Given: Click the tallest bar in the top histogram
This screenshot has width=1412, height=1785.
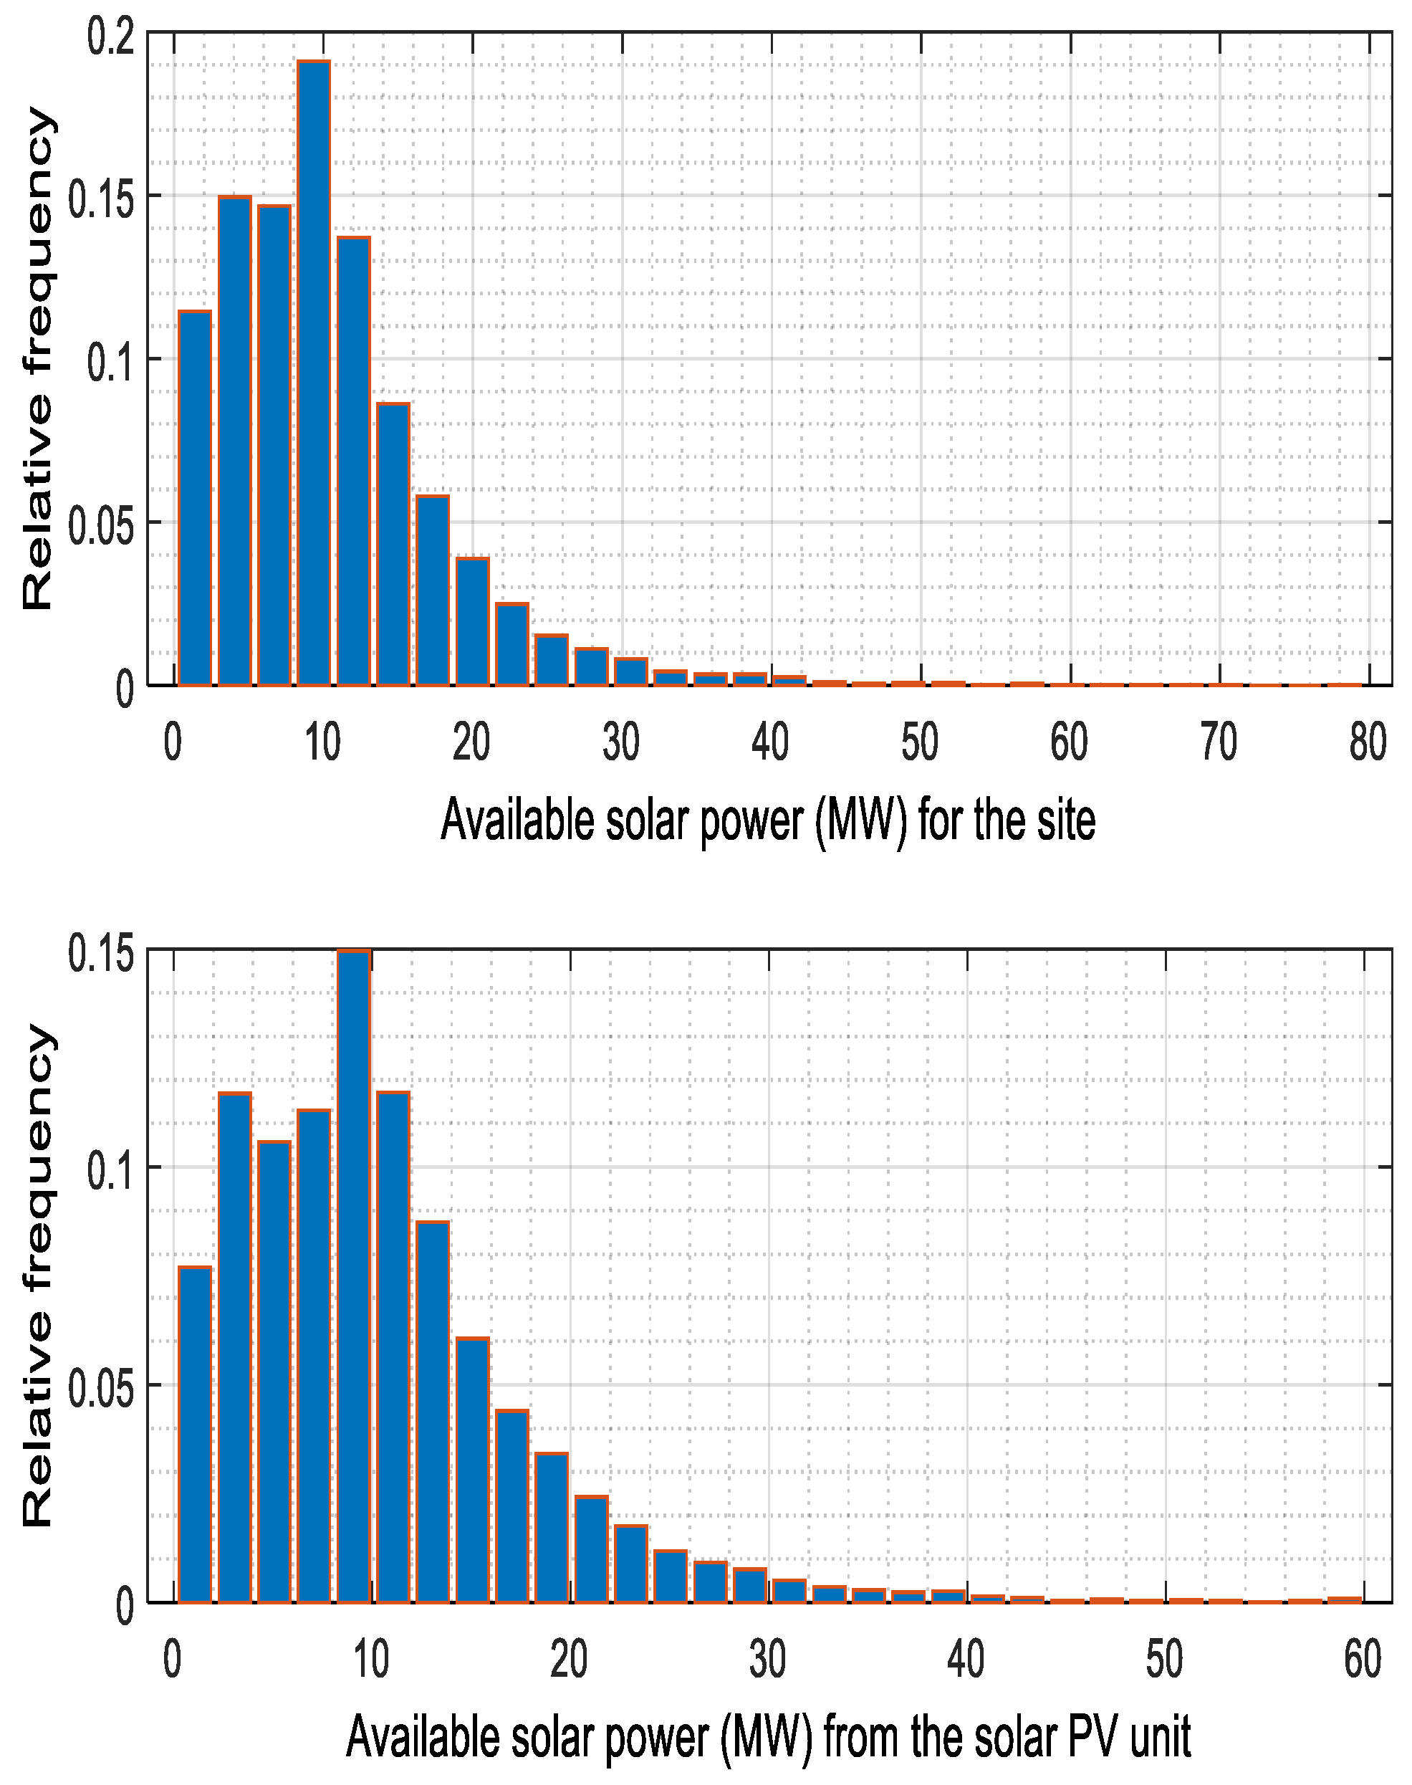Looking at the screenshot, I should pos(313,372).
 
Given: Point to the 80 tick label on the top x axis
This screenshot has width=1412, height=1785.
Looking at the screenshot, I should pos(1368,742).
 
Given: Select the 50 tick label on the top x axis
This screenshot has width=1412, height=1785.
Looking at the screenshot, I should pos(919,742).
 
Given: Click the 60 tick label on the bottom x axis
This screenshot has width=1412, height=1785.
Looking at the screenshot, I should pos(1363,1660).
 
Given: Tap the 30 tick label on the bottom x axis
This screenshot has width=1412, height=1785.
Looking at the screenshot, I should pos(767,1660).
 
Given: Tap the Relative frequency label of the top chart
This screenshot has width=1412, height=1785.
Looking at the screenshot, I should pos(37,358).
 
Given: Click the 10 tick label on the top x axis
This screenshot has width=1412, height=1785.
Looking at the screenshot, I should pos(322,742).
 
